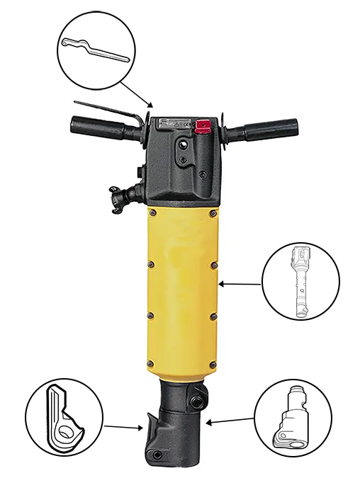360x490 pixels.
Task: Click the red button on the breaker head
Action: pyautogui.click(x=202, y=126)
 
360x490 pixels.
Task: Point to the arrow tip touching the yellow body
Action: pyautogui.click(x=221, y=285)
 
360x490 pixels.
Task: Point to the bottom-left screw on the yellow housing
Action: pyautogui.click(x=150, y=364)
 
